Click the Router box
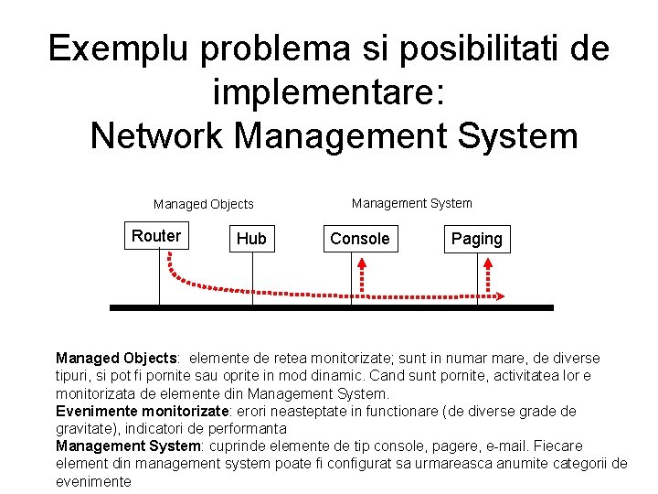click(x=156, y=236)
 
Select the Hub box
click(x=251, y=239)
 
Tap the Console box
click(x=359, y=239)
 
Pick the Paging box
click(x=477, y=239)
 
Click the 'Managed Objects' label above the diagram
click(x=203, y=205)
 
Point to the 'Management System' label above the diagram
click(x=412, y=203)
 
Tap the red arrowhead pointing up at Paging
click(x=488, y=263)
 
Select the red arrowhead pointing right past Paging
click(x=505, y=295)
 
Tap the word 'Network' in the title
click(x=157, y=136)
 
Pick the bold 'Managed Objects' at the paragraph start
click(x=115, y=359)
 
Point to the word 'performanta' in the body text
click(x=249, y=428)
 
